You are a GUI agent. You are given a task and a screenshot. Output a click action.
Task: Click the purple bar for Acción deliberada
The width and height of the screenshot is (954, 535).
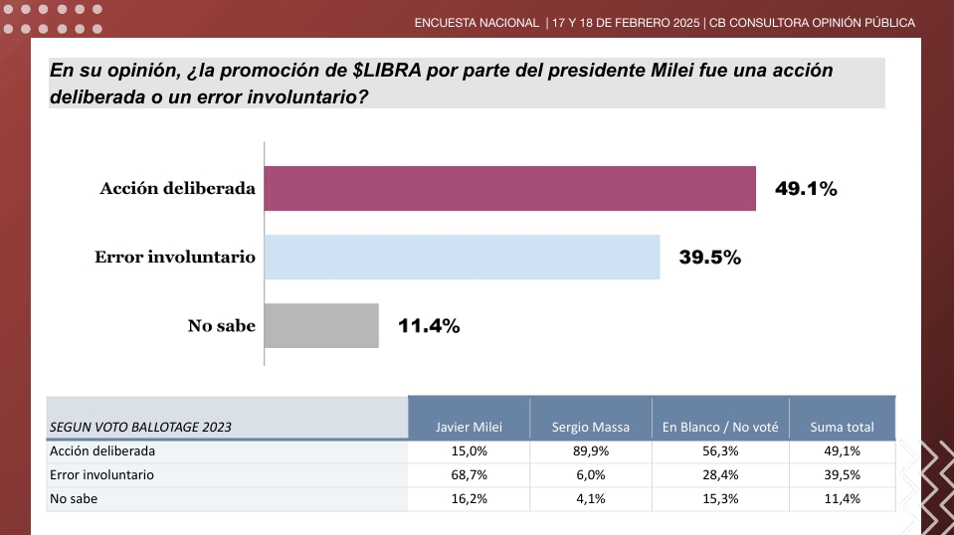(x=510, y=189)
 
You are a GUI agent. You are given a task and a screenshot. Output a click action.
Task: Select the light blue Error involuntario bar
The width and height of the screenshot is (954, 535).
(x=463, y=257)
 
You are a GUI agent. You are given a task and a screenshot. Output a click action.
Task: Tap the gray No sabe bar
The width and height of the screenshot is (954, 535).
(x=322, y=325)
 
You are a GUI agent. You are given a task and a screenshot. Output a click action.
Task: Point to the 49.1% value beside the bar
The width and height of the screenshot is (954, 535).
(x=806, y=189)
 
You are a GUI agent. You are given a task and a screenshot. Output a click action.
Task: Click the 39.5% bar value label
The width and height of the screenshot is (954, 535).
(x=710, y=258)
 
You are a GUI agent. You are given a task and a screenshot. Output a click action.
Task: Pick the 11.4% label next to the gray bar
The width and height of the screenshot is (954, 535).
(x=429, y=325)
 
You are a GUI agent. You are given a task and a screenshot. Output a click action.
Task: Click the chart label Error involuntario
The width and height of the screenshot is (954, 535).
(x=175, y=257)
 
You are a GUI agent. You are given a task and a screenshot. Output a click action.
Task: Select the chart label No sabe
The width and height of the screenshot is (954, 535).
(x=222, y=325)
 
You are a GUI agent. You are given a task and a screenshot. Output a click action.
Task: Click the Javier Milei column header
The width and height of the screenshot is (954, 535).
(x=469, y=427)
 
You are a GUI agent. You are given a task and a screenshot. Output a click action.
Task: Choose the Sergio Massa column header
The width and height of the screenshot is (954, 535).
(x=591, y=427)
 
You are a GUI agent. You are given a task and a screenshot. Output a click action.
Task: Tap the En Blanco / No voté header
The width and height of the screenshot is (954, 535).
(x=720, y=427)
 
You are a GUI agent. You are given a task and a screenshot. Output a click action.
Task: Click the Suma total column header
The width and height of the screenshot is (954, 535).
(x=842, y=427)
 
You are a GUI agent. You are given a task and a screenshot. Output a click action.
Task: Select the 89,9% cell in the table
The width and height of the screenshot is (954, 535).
(x=591, y=450)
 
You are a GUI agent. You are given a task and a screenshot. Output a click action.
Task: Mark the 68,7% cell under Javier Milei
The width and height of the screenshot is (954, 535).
(x=469, y=475)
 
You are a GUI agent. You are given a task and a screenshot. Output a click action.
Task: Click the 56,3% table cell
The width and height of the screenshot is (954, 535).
(x=720, y=450)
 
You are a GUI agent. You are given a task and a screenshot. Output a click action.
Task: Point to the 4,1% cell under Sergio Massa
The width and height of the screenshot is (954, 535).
(x=591, y=499)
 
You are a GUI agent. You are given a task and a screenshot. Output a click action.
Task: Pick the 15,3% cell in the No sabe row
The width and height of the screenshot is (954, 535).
(x=720, y=499)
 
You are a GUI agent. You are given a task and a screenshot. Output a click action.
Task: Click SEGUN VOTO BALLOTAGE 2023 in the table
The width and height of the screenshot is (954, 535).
(x=140, y=427)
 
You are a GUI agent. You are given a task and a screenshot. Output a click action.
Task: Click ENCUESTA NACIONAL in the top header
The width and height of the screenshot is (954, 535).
(x=477, y=22)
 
